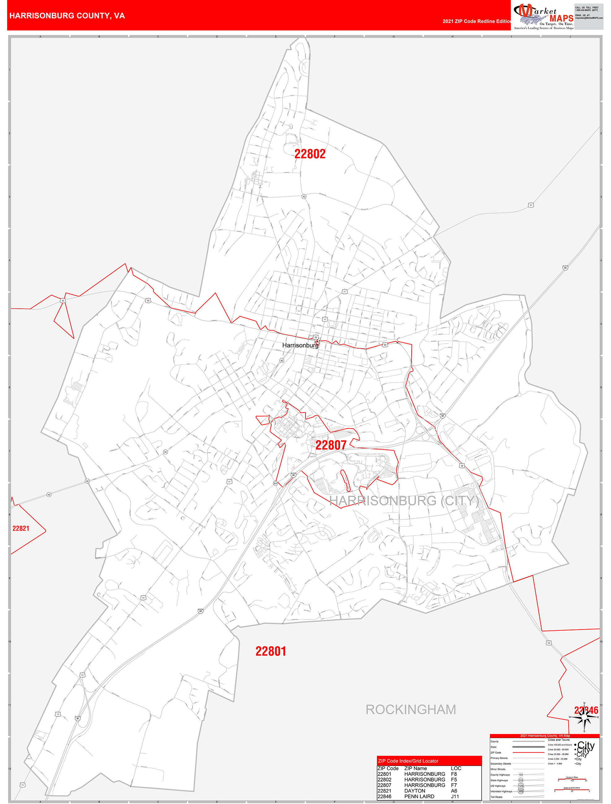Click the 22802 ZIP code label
coord(310,154)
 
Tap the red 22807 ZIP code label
coord(331,445)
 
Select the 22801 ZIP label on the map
coord(271,651)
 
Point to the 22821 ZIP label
coord(21,528)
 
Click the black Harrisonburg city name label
coord(300,345)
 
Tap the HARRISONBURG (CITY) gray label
coord(404,501)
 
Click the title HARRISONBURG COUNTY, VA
coord(67,16)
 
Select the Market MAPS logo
coord(543,16)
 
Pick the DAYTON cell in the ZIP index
coord(414,791)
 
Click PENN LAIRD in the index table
coord(419,796)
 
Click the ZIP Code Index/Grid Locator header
coord(408,761)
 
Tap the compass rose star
coord(584,718)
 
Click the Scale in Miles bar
coord(572,780)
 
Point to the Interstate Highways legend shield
coord(521,791)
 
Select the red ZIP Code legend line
coord(528,752)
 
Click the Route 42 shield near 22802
coord(304,197)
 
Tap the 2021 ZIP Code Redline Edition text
coord(476,21)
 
